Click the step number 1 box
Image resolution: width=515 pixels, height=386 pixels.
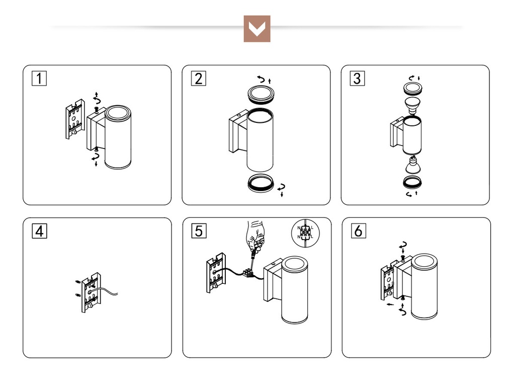coord(39,78)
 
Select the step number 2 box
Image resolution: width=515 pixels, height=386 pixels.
coord(198,78)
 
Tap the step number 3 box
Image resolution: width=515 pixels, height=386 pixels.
coord(357,78)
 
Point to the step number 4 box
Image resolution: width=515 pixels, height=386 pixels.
coord(39,231)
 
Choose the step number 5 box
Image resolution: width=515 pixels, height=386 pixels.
coord(199,231)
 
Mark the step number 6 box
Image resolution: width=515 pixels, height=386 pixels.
coord(358,231)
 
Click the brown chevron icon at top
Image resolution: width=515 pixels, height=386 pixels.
coord(257,29)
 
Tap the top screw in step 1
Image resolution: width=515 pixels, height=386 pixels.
coord(97,109)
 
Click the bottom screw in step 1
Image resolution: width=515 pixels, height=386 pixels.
coord(96,150)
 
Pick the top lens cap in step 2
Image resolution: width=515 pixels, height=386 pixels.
coord(261,94)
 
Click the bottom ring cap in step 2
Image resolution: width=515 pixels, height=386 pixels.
coord(261,183)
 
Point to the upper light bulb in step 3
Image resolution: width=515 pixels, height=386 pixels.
coord(412,105)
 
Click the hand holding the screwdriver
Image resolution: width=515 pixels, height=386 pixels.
coord(255,235)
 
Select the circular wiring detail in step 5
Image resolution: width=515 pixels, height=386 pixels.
coord(305,233)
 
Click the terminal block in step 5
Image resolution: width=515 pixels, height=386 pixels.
coord(247,273)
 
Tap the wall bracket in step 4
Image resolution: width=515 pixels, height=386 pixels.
coord(91,292)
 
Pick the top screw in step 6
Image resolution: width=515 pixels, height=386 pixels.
coord(403,257)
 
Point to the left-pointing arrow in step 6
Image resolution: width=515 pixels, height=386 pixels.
coord(390,304)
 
